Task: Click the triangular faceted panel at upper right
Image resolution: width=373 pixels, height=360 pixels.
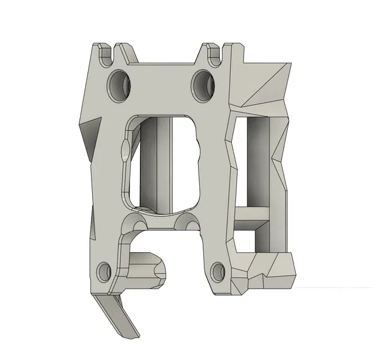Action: tap(265, 84)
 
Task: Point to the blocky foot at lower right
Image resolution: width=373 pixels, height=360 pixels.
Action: tap(273, 271)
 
